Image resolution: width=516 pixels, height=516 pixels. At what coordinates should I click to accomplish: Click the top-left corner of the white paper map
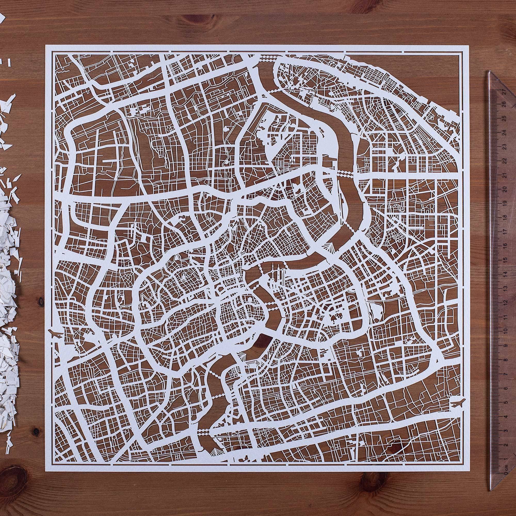46,45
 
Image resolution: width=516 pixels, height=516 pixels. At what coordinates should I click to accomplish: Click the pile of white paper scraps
9,267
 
